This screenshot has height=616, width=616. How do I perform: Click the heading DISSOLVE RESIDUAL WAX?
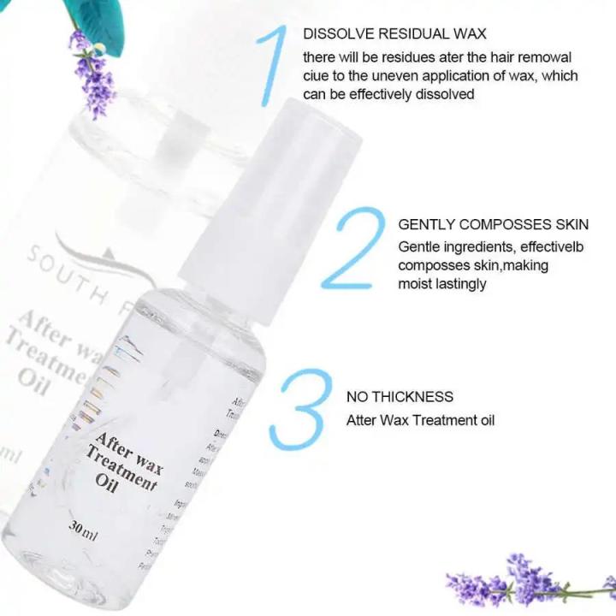click(x=394, y=34)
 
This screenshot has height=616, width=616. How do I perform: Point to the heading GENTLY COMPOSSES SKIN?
click(x=493, y=225)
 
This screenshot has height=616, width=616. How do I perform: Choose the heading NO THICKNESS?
click(x=400, y=397)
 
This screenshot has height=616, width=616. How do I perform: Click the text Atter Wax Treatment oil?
click(x=420, y=420)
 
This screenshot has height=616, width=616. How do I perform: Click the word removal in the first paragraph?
click(x=545, y=56)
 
